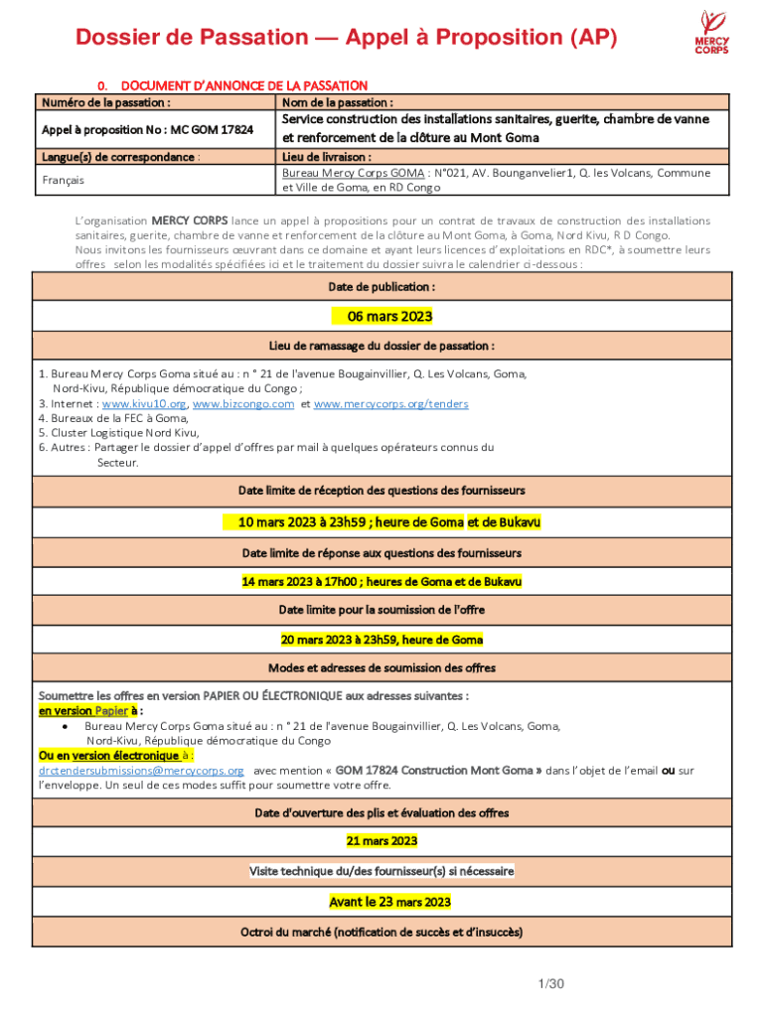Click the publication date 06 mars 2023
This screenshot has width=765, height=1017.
click(382, 317)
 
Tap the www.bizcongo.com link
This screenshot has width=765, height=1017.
click(243, 404)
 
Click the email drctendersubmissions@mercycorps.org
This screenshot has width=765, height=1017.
click(141, 770)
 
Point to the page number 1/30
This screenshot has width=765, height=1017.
click(550, 984)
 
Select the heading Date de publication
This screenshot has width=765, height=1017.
click(382, 286)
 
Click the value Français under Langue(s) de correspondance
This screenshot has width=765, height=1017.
click(63, 180)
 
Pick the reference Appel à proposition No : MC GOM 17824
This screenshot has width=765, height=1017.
click(147, 129)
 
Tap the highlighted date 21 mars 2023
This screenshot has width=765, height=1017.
click(382, 841)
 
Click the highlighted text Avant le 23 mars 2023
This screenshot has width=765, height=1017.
click(389, 902)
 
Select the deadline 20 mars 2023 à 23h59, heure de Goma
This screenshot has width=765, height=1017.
click(382, 640)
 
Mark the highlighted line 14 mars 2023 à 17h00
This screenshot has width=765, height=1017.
click(382, 581)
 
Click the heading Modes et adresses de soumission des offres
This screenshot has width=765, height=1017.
click(382, 667)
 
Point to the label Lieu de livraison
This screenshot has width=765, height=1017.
click(327, 157)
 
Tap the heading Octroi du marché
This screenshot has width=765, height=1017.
click(382, 932)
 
